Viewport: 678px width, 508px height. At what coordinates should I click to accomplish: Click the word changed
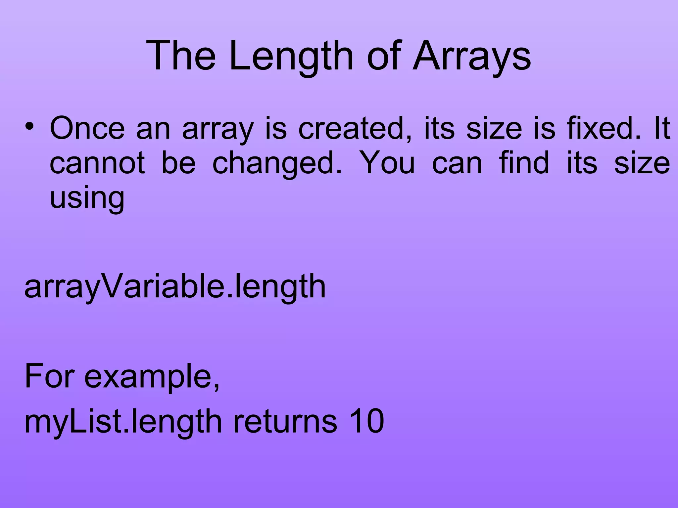coord(277,164)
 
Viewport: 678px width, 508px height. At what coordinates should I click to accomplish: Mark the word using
coord(87,198)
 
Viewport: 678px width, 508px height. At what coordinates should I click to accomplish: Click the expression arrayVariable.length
coord(175,287)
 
